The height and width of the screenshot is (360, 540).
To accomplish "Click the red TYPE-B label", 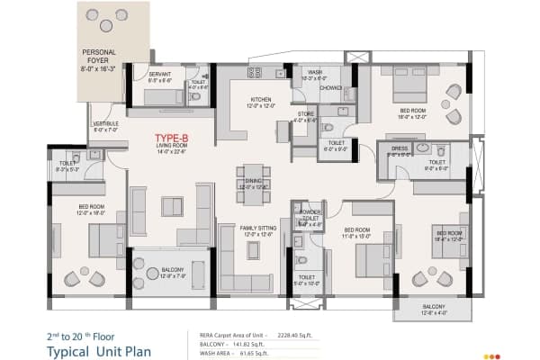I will tap(170, 137).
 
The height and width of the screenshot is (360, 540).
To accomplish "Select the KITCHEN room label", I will tap(261, 100).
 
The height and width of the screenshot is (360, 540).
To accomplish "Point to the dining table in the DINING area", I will tap(256, 183).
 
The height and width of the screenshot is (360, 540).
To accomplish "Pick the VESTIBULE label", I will tap(105, 124).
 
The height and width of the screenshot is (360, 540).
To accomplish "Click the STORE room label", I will tap(305, 114).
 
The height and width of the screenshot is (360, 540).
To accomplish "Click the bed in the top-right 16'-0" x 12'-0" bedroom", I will tap(399, 88).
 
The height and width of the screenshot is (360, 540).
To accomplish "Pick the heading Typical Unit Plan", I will tap(100, 349).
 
